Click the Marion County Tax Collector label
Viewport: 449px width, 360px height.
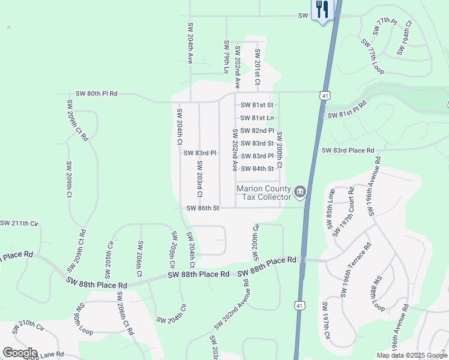[x=264, y=192]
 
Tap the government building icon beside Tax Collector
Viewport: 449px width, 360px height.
[x=301, y=193]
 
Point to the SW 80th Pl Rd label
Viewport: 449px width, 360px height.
[x=97, y=94]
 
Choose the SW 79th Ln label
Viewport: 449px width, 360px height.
[x=227, y=57]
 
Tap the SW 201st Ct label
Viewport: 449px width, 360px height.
[x=258, y=67]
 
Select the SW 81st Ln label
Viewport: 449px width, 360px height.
[x=257, y=118]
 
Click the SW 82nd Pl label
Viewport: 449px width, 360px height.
[x=257, y=130]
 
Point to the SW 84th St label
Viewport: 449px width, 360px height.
[x=257, y=169]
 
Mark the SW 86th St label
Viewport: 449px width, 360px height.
[x=203, y=208]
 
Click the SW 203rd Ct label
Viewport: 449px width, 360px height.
[x=199, y=179]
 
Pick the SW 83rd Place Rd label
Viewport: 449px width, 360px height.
[x=348, y=150]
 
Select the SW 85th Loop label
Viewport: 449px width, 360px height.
[x=331, y=208]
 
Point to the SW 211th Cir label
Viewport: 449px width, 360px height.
[x=19, y=223]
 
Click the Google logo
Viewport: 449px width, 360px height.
[x=20, y=353]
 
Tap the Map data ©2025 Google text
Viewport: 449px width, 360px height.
[x=412, y=355]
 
